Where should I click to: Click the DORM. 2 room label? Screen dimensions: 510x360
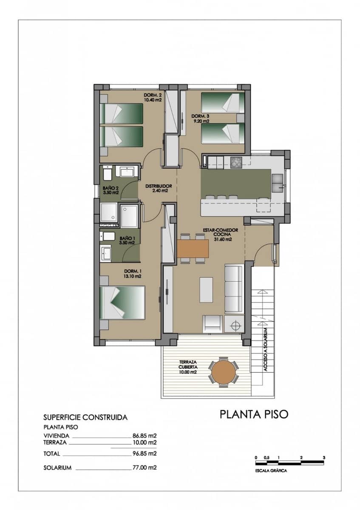(152, 97)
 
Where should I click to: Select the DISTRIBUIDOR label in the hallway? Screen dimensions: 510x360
(158, 188)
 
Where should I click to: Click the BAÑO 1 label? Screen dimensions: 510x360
(127, 241)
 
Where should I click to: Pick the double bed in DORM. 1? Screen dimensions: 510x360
(122, 303)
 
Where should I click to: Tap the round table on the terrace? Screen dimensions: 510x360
(224, 372)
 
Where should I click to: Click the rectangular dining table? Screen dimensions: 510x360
(193, 248)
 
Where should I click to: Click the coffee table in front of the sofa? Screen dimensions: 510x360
(206, 290)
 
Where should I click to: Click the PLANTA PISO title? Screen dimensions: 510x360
(254, 414)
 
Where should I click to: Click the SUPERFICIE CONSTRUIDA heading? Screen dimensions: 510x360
(85, 417)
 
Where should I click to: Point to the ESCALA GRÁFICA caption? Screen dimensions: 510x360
(271, 471)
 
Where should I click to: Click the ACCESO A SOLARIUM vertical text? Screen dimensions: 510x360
(265, 350)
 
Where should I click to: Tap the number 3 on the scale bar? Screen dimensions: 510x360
(324, 457)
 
